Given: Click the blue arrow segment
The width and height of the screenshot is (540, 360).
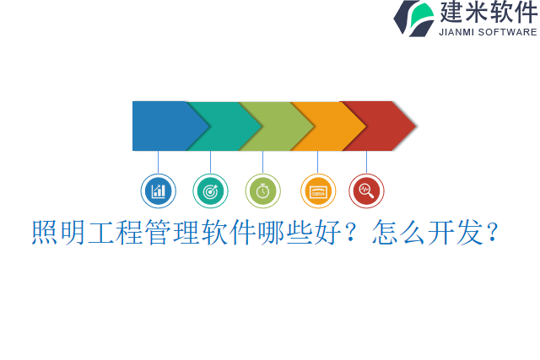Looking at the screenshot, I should click(x=160, y=126).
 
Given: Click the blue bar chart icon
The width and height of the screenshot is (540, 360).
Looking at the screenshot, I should click(x=158, y=191).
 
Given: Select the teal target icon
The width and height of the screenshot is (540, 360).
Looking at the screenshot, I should click(x=210, y=191).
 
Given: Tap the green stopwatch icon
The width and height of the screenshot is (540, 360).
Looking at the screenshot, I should click(x=262, y=191).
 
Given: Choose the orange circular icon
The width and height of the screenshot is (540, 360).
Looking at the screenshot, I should click(x=318, y=191).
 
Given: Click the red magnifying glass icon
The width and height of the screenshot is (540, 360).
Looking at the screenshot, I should click(x=366, y=191).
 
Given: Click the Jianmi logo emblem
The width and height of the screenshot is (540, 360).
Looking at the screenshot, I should click(x=413, y=18).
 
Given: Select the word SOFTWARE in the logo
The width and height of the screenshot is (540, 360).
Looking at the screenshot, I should click(x=508, y=32).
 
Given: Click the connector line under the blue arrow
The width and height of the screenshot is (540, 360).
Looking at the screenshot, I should click(x=158, y=162).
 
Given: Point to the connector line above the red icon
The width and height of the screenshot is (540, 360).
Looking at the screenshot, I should click(x=366, y=162).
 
